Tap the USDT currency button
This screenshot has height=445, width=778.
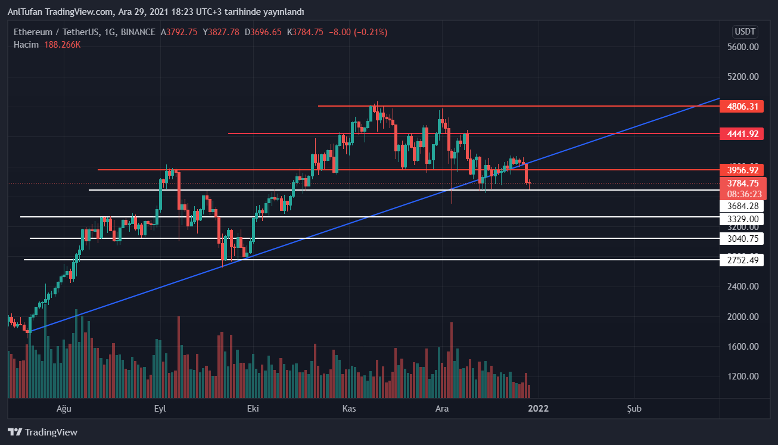tap(745, 32)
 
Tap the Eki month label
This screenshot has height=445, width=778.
tap(253, 409)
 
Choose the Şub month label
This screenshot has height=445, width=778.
tap(634, 409)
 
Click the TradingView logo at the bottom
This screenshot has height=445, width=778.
tap(42, 432)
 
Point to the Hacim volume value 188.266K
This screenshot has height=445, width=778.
tap(63, 45)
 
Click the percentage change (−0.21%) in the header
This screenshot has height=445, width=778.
tap(371, 32)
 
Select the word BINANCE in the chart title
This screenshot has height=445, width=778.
tap(138, 32)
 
